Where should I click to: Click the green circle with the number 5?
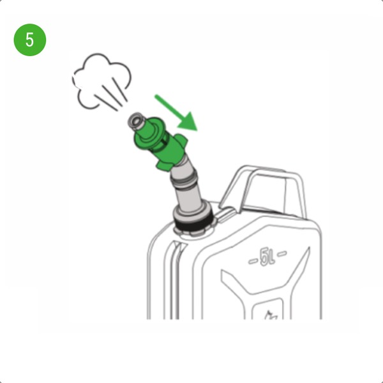(30, 40)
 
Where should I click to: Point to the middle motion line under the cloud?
(112, 94)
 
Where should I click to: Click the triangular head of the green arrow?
(188, 121)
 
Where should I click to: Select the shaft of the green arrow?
(169, 107)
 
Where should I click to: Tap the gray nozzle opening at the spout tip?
(136, 121)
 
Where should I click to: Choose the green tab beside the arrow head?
(182, 140)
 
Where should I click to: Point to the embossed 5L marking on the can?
(267, 257)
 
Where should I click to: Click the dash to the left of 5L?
(253, 261)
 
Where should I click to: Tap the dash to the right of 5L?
(282, 253)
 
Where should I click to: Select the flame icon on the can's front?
(271, 315)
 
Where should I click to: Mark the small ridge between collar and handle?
(226, 214)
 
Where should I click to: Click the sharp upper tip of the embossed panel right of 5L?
(309, 248)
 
